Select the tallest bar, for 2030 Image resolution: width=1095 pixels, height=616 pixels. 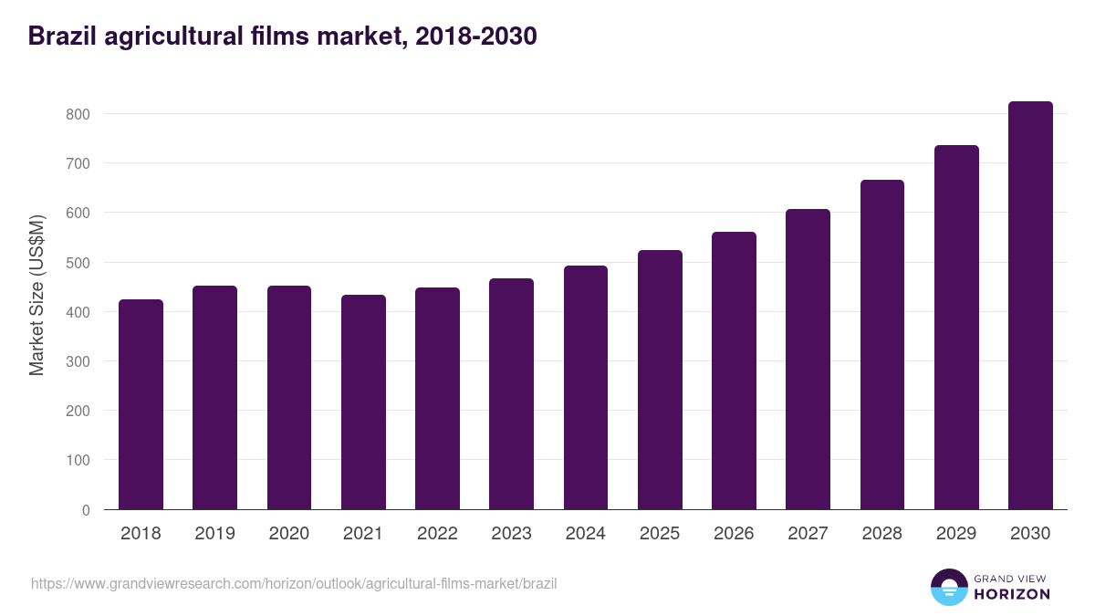coord(1030,306)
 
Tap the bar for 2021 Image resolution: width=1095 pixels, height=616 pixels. coord(363,402)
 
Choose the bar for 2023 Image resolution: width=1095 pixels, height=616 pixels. coord(511,394)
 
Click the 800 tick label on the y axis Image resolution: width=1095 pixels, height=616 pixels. coord(78,114)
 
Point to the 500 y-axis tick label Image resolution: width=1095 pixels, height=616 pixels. coord(78,263)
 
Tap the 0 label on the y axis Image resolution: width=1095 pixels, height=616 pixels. coord(86,510)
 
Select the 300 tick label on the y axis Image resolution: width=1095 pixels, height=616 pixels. coord(78,361)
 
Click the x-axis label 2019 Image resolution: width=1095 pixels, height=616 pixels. coord(214,534)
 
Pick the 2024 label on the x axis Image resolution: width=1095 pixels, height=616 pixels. coord(585,534)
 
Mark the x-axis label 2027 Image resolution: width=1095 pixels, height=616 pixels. coord(808,534)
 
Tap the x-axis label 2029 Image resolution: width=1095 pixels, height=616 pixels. coord(956,534)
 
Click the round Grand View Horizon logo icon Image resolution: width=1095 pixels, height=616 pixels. coord(949,587)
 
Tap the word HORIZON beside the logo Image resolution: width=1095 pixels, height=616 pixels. coord(1012,594)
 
